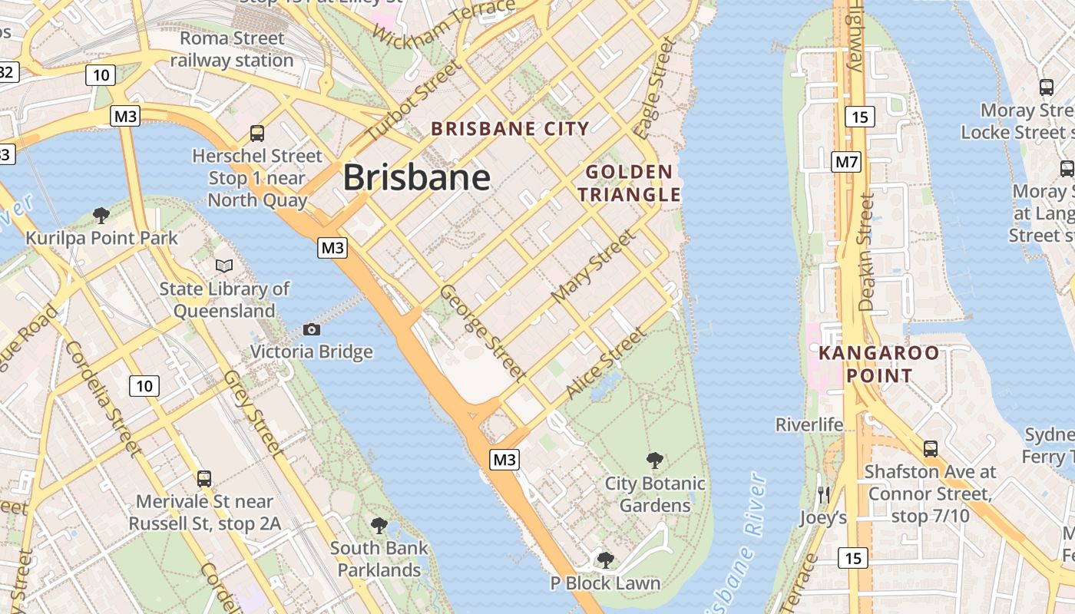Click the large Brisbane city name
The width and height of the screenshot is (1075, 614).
coord(416,177)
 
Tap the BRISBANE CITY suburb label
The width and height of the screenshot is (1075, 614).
coord(510,129)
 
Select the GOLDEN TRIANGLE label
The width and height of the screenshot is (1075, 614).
coord(630,183)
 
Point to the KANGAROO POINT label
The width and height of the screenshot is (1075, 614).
coord(878,365)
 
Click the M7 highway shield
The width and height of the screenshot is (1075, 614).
coord(846,162)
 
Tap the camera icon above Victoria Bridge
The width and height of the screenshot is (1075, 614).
coord(312,329)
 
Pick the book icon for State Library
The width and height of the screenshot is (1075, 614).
coord(224,266)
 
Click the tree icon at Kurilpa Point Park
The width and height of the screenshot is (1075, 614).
coord(101,215)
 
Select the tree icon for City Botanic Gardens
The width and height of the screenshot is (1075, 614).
coord(655,460)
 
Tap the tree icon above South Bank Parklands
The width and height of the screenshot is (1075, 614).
coord(379,526)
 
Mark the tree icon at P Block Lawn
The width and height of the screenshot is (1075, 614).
coord(605,560)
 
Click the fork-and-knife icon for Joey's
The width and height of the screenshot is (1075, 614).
coord(824,495)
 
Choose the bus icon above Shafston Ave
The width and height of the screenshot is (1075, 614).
coord(931,449)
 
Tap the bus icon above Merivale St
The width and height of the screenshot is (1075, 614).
coord(204,479)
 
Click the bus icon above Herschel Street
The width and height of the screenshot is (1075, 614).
coord(257,133)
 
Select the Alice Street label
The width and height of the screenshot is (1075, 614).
coord(605,362)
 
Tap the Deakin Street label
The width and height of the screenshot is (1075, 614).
coord(867,252)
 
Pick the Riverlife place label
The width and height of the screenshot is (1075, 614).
coord(809,424)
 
